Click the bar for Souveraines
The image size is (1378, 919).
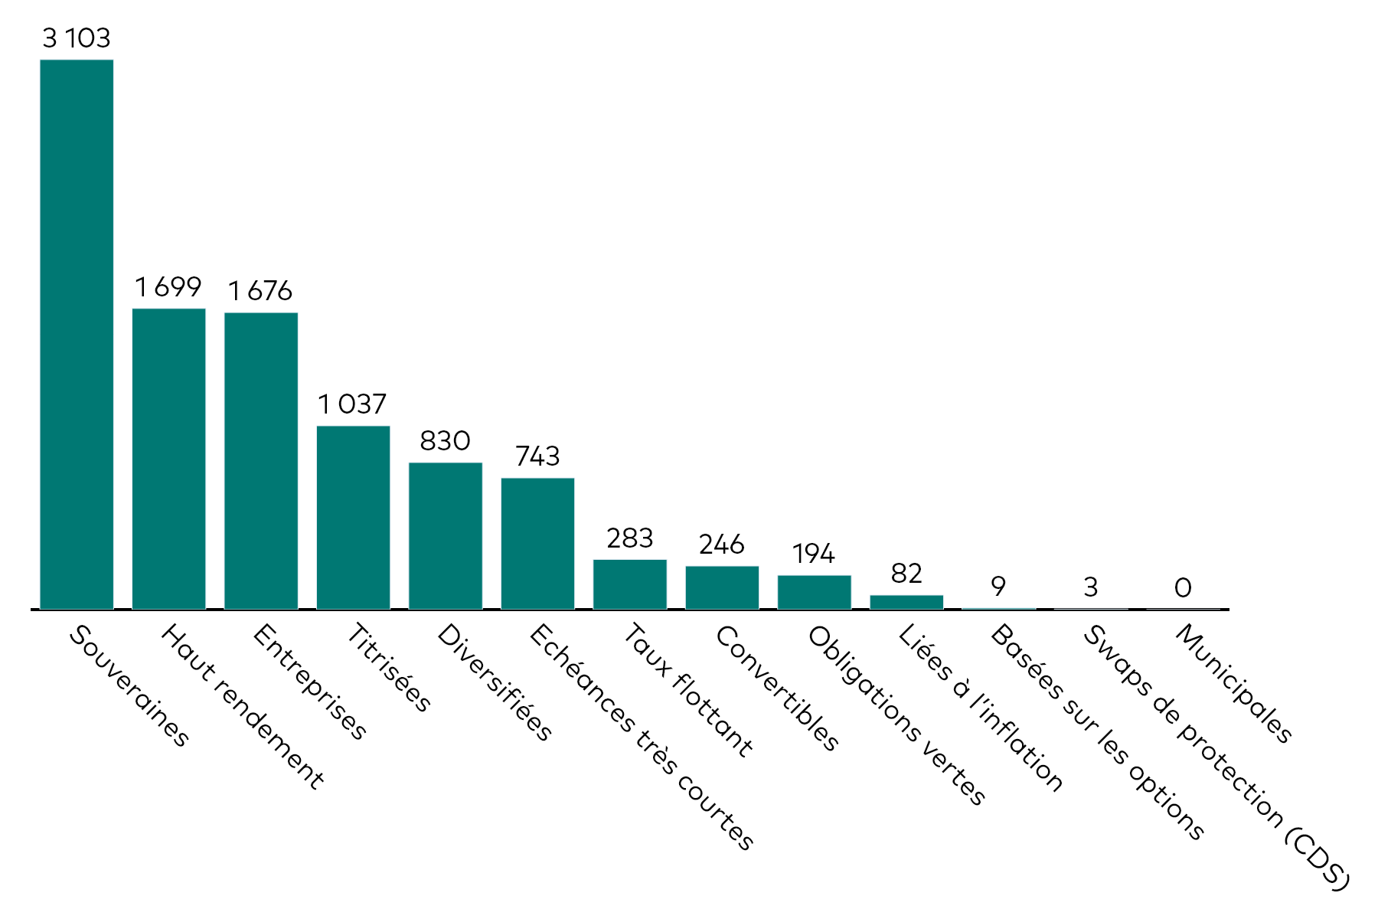pos(77,335)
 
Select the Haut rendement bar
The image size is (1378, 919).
pos(169,459)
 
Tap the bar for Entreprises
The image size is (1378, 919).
pos(261,461)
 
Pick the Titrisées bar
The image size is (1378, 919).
pos(354,518)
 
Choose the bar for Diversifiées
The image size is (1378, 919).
pos(446,536)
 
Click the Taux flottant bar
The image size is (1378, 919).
pos(630,584)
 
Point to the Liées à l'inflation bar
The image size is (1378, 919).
pos(906,602)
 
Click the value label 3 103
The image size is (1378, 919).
pos(77,38)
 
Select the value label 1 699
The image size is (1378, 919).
pos(168,286)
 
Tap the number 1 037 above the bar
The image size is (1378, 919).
pos(353,404)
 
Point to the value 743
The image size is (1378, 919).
pos(537,456)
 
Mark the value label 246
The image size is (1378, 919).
pos(722,544)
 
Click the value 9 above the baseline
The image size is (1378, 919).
pos(998,587)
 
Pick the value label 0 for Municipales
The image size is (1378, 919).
pos(1183,587)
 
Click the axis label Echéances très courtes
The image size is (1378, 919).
pos(642,737)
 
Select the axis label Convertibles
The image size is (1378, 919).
pos(777,688)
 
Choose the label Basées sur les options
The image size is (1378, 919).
pos(1097,732)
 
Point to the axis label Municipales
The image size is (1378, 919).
pos(1234,683)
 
